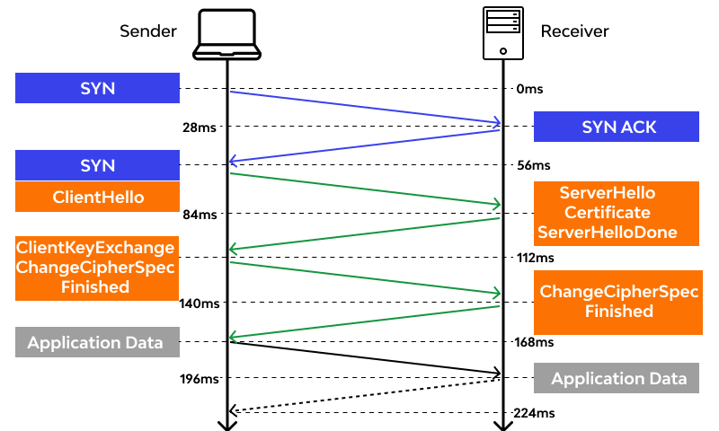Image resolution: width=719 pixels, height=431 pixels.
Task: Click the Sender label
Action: coord(148,31)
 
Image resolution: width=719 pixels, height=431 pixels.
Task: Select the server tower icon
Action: coord(502,32)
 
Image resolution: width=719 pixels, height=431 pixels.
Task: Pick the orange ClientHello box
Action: coord(97,197)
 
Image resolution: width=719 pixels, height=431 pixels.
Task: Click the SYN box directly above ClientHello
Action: coord(97,166)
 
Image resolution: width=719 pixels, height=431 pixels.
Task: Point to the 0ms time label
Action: coord(530,90)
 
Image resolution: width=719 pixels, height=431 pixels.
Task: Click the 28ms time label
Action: coord(199,128)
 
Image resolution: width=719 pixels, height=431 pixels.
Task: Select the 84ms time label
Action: coord(199,215)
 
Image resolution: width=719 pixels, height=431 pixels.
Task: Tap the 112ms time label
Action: coord(534,258)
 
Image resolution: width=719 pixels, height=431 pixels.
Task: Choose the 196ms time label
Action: coord(198,379)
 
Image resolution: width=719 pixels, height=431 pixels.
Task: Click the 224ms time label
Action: coord(534,413)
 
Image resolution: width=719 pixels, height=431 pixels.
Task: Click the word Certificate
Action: coord(607,213)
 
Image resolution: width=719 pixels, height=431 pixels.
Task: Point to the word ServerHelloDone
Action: coord(607,233)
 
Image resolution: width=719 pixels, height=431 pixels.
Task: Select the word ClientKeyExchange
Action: coord(95,247)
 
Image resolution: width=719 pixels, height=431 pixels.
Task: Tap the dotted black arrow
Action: coord(364,395)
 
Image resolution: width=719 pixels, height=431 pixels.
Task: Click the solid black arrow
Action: coord(364,356)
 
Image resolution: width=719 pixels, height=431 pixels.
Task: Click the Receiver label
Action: coord(574,31)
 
